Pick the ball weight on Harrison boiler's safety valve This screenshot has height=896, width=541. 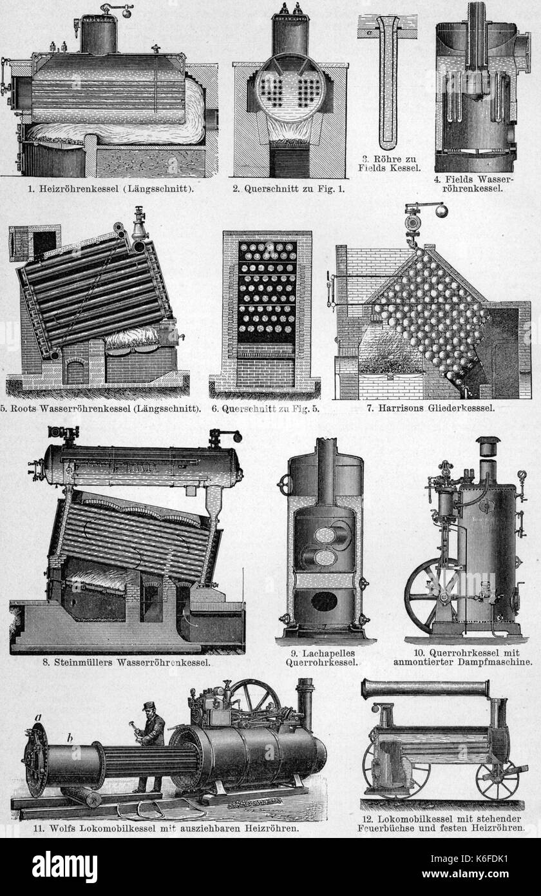[440, 210]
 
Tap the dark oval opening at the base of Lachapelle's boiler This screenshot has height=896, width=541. [324, 601]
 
